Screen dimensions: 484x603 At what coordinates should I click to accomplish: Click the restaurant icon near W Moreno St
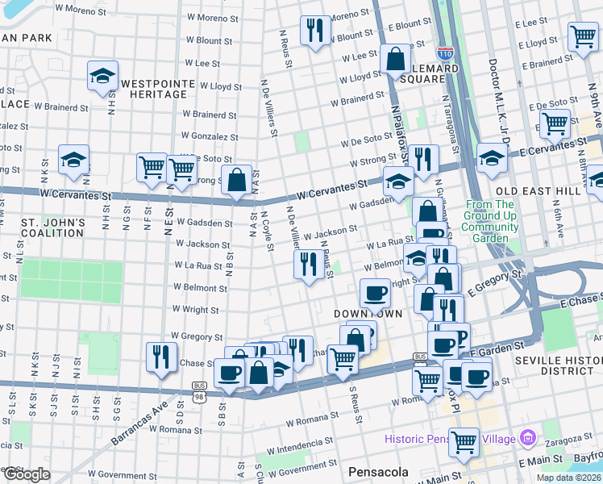pos(314,31)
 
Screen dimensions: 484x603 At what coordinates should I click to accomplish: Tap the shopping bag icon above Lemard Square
pos(395,58)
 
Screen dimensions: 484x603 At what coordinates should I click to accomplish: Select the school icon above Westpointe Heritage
pos(102,76)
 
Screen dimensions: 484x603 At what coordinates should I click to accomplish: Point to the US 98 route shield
pos(198,397)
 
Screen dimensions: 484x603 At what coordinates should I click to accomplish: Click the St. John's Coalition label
pos(53,227)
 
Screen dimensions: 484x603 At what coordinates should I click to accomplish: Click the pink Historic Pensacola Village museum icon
pos(528,439)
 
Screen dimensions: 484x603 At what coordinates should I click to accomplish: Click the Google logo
pos(27,474)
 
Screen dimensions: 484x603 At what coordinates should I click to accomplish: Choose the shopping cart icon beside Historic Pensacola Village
pos(464,440)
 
